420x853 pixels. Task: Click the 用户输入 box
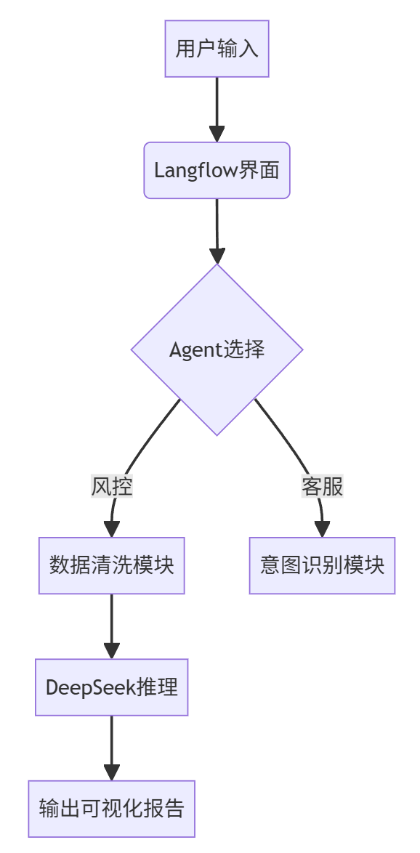click(x=217, y=49)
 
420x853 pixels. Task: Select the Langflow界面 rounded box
click(x=217, y=170)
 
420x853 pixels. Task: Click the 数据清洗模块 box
click(x=112, y=565)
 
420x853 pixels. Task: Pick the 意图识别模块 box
click(x=322, y=565)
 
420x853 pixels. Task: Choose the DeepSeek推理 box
click(x=112, y=687)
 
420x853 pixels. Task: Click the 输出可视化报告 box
click(x=112, y=809)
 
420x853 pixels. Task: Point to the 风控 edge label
click(x=112, y=486)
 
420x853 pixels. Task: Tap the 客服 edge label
click(x=322, y=486)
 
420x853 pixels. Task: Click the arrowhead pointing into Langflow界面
click(x=217, y=134)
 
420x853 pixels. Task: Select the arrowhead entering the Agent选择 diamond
click(x=217, y=256)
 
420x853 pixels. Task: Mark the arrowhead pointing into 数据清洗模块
click(x=112, y=529)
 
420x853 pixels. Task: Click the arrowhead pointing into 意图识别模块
click(x=322, y=529)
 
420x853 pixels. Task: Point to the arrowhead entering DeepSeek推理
click(x=112, y=650)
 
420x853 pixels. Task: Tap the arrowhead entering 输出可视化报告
click(x=112, y=772)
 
